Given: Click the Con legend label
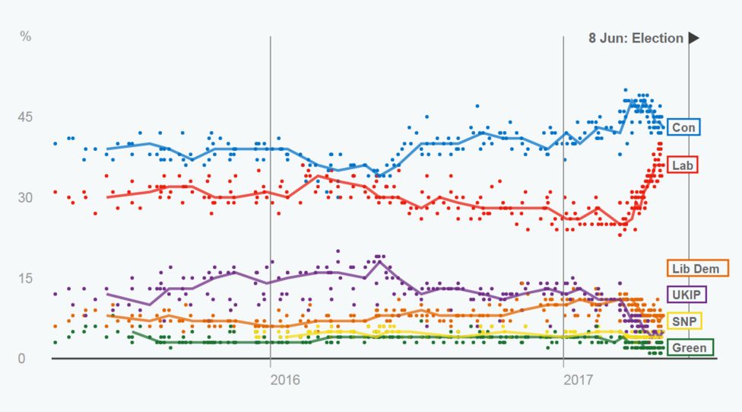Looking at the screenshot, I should point(684,126).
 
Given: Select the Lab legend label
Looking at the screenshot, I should point(684,164).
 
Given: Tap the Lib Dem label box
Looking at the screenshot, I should point(697,268).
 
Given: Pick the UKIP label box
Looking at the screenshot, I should point(687,294).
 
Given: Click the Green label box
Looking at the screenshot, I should point(690,347).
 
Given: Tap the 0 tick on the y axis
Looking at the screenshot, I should point(22,359).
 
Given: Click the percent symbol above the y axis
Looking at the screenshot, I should point(25,37).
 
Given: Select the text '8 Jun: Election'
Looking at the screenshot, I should point(636,38).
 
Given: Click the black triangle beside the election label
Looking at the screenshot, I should point(693,38).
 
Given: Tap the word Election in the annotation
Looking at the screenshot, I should point(659,38).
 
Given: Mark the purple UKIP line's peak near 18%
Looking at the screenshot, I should point(379,262).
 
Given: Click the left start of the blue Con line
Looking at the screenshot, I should point(107,149).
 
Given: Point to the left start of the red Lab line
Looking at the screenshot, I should point(107,197).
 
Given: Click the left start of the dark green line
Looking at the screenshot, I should point(133,332).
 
